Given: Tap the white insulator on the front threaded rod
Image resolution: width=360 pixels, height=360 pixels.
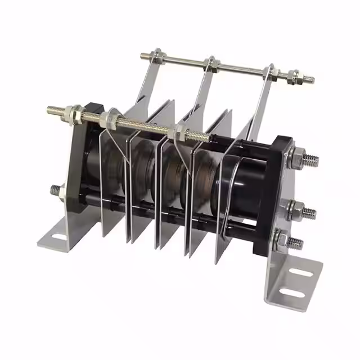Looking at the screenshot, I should pyautogui.click(x=72, y=111).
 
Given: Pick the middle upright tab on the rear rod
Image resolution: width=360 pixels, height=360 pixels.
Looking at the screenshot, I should pyautogui.click(x=205, y=84).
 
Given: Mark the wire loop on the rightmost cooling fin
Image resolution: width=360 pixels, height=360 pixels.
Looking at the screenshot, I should pyautogui.click(x=231, y=197).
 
